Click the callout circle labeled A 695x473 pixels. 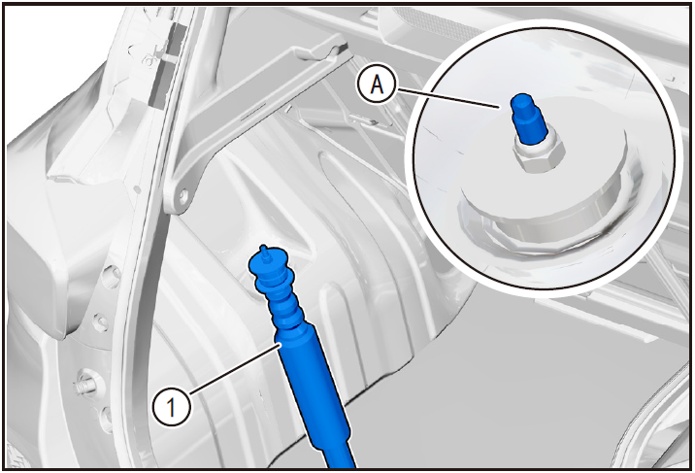point(378,84)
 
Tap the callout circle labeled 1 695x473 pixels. point(172,407)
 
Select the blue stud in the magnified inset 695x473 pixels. point(527,118)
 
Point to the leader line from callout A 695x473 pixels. point(448,97)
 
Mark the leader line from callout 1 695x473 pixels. point(235,369)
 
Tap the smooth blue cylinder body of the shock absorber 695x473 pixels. point(312,381)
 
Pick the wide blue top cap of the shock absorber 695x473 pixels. point(270,260)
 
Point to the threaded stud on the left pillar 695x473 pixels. point(85,385)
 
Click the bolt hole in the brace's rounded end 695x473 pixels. point(182,194)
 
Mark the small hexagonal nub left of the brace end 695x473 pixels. point(138,189)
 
